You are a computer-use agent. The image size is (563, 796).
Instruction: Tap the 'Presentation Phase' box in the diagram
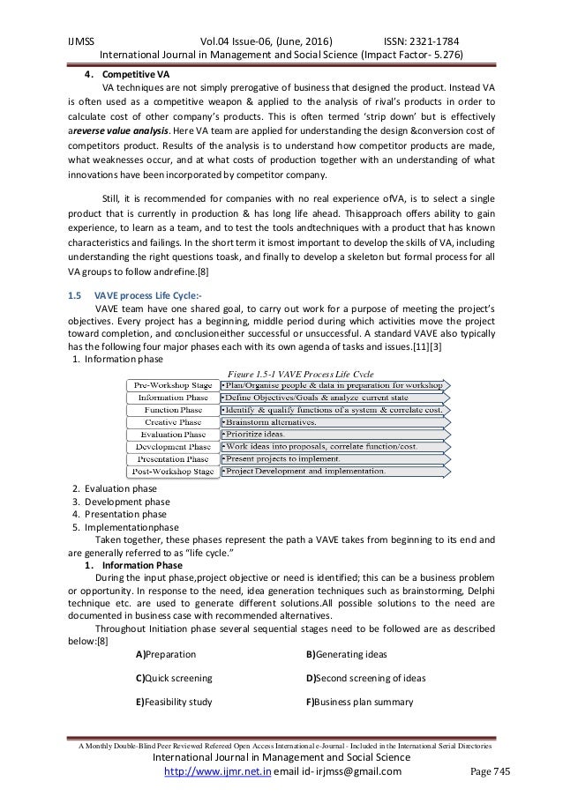point(171,458)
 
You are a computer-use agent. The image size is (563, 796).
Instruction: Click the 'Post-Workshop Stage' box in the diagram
point(171,472)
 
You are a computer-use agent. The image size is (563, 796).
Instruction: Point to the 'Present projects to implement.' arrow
point(291,458)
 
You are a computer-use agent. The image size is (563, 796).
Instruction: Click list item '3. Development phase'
point(119,501)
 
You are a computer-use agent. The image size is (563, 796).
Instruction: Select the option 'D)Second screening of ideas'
point(365,679)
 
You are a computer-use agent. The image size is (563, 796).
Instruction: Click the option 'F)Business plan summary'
point(360,702)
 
